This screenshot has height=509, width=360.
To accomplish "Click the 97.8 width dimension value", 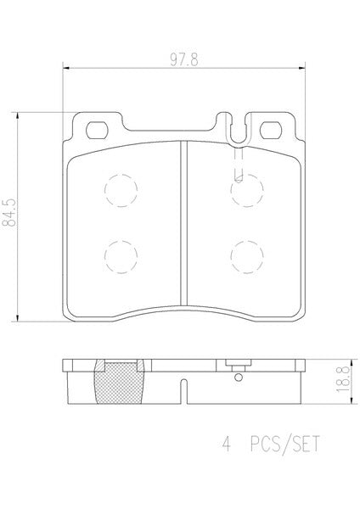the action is [184, 59].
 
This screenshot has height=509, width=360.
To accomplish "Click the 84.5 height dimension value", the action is [9, 213].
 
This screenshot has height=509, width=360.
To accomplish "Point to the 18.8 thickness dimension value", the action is [343, 378].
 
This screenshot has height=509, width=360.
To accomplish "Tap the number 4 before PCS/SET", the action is [226, 444].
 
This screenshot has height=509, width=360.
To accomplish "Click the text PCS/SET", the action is [285, 444].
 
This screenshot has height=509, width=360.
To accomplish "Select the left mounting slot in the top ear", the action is [97, 130].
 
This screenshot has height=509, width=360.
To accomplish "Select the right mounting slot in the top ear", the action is [271, 130].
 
